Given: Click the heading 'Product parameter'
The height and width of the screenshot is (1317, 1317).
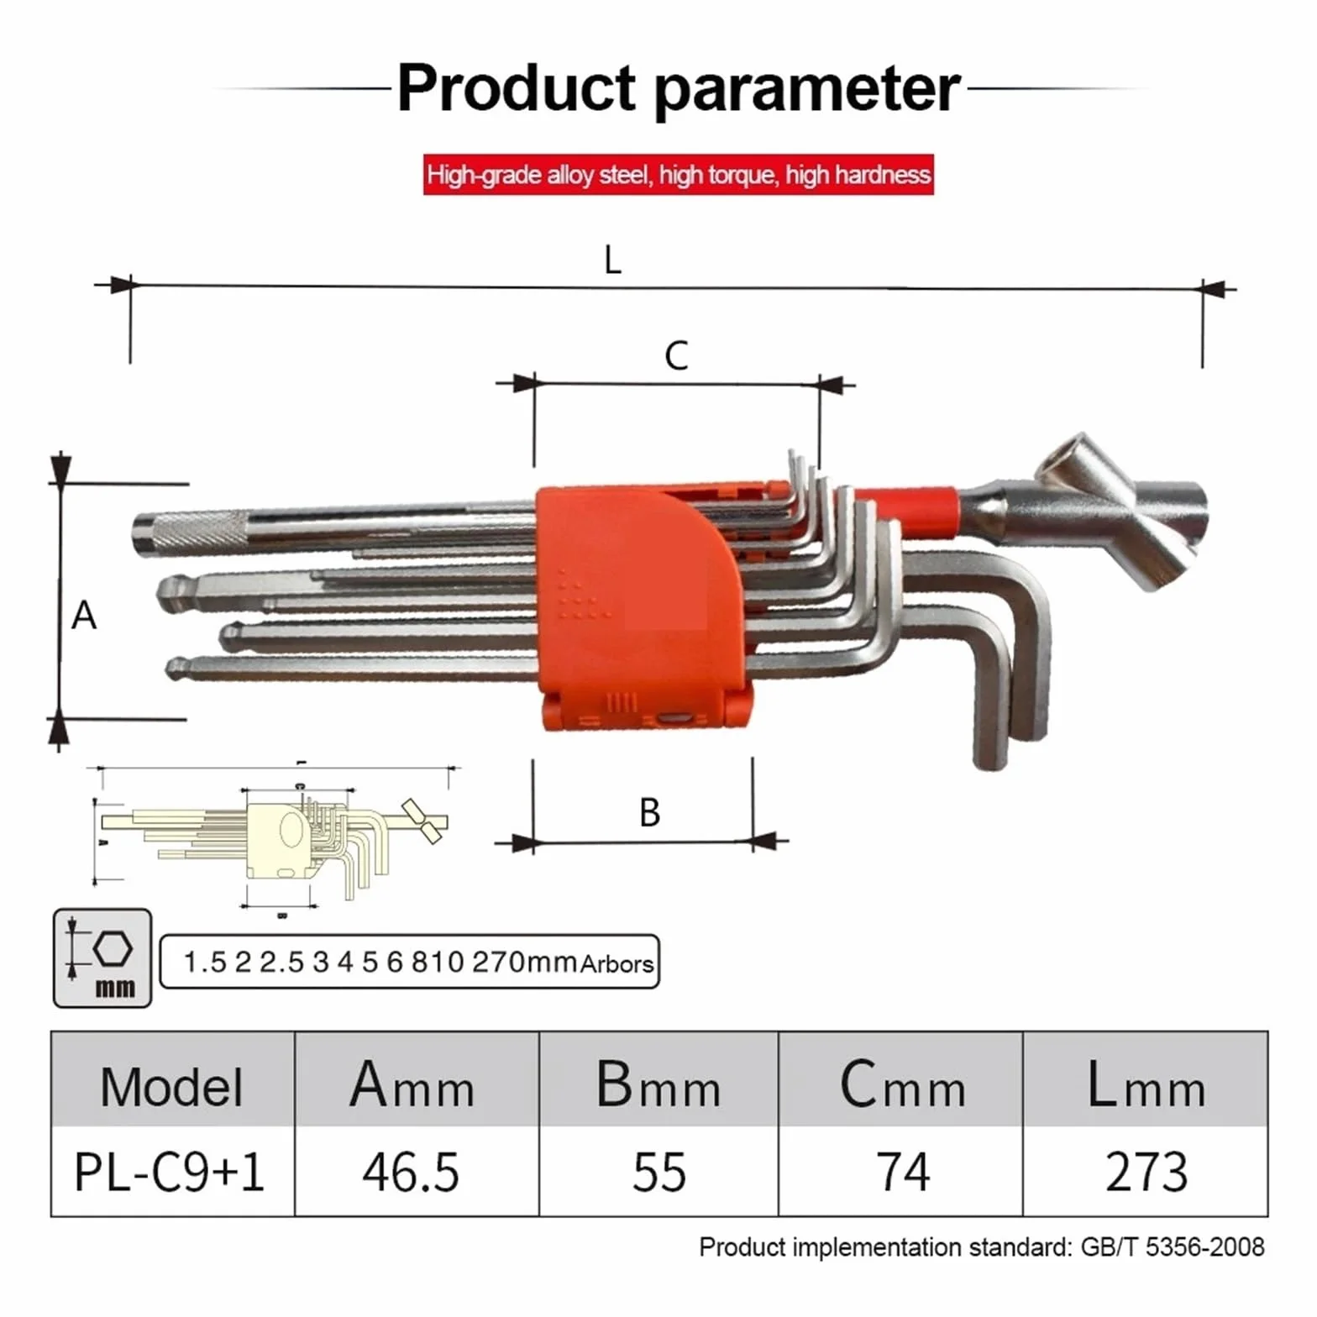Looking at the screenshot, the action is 679,88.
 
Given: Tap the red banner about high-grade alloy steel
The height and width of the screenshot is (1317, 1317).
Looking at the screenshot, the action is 679,175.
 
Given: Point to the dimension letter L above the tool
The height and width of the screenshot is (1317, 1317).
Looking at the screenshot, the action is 613,260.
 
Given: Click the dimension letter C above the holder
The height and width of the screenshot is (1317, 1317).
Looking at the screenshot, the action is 676,356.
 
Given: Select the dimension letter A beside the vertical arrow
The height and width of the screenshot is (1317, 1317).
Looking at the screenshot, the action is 83,616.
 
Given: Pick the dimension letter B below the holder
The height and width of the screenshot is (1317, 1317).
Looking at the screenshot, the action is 649,812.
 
